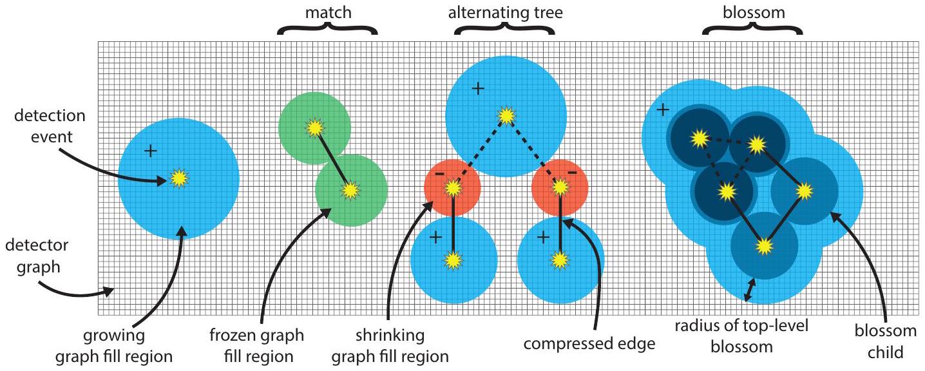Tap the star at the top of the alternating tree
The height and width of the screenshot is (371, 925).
506,116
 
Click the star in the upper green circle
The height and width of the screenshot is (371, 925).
314,126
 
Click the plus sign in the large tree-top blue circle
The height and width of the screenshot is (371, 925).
477,89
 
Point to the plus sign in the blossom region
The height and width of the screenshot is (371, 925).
662,109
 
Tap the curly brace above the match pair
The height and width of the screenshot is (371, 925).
327,29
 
